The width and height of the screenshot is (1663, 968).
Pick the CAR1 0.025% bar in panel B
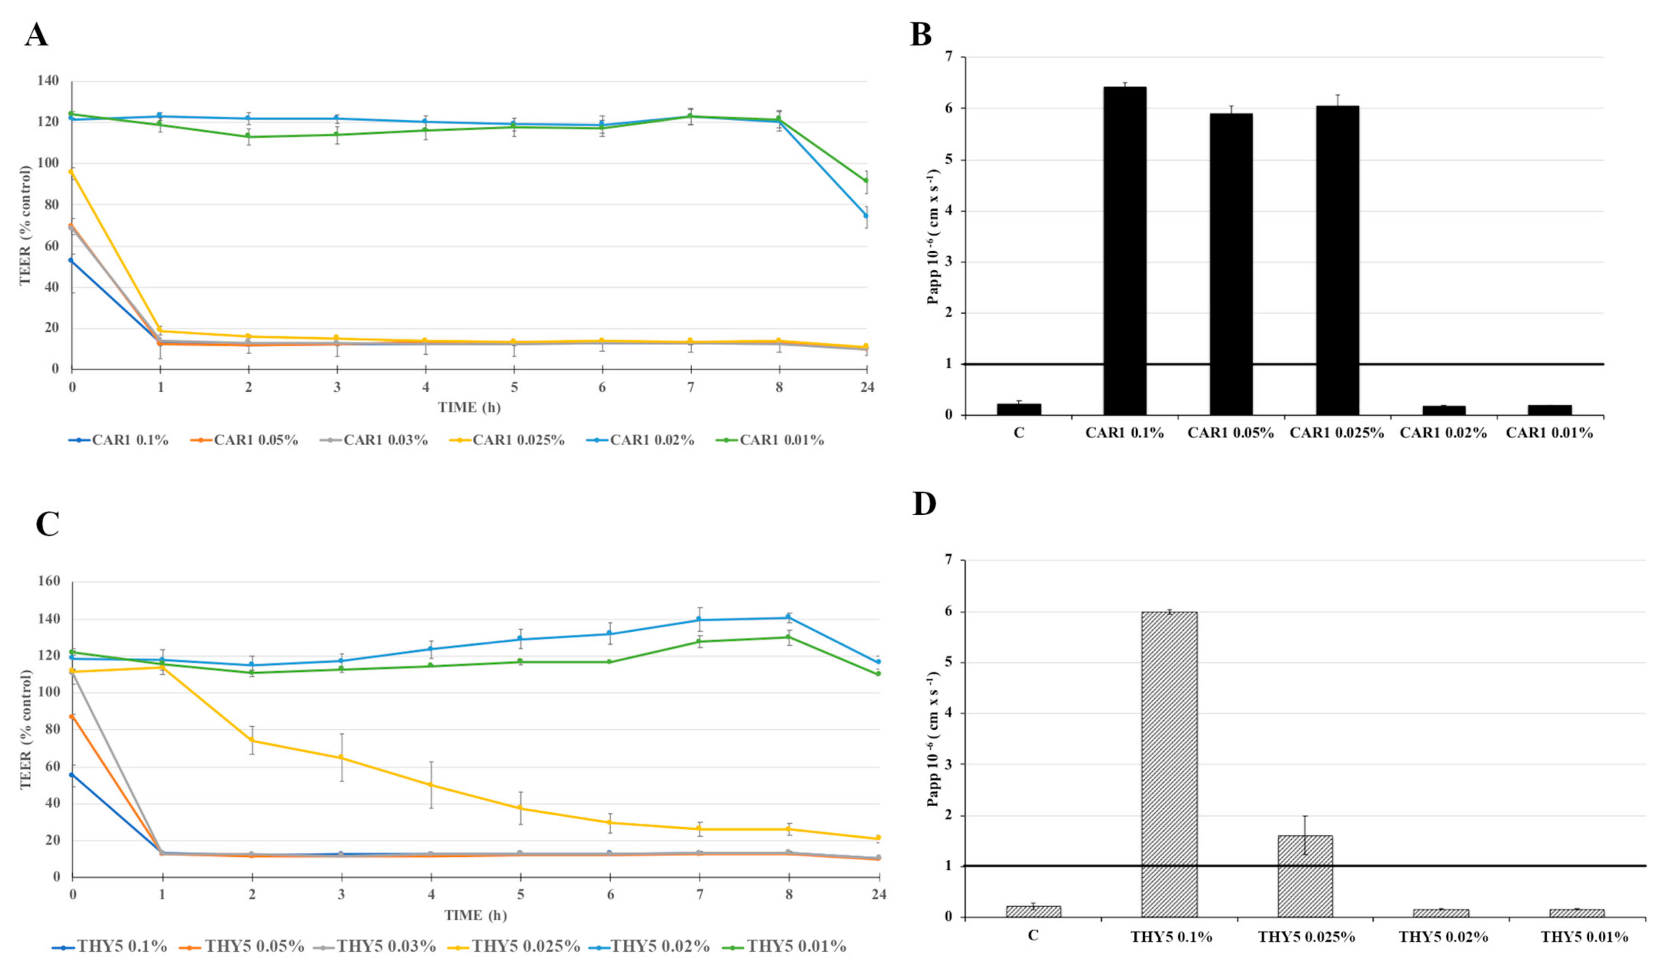(x=1337, y=260)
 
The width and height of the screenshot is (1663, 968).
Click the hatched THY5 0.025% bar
(x=1305, y=876)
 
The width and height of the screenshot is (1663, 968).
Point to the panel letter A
(x=36, y=34)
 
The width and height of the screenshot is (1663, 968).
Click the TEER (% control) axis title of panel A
(x=25, y=225)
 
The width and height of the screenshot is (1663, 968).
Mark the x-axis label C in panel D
(x=1034, y=937)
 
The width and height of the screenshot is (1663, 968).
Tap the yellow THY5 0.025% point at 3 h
(x=341, y=757)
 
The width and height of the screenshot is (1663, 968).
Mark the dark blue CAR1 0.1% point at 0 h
(x=71, y=260)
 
